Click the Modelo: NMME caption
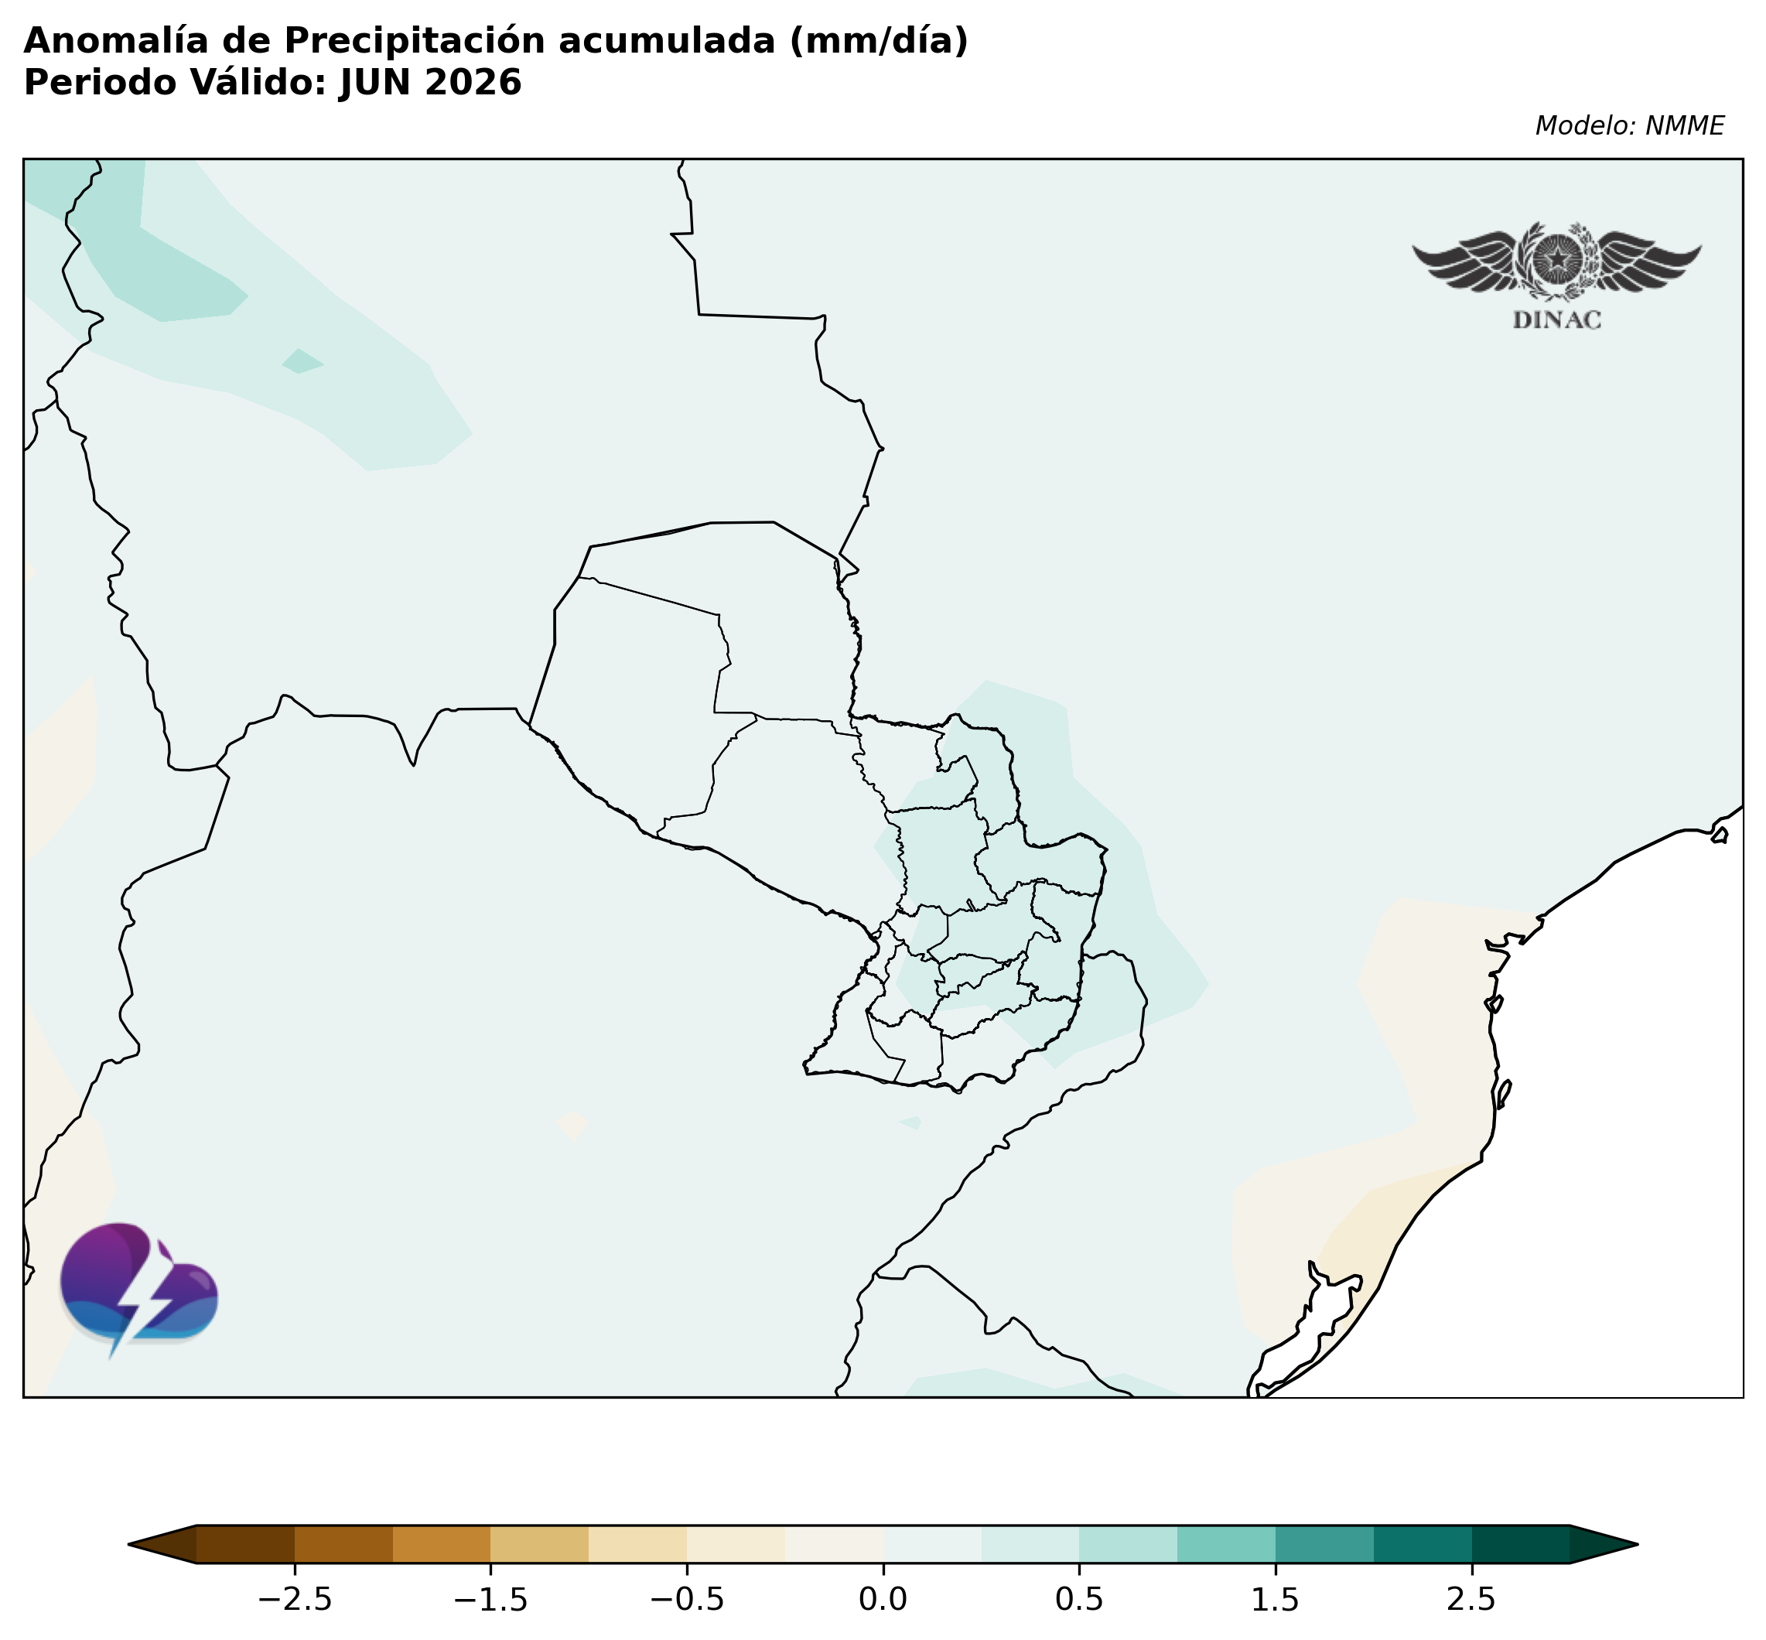click(x=1629, y=126)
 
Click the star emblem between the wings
click(x=1557, y=259)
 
